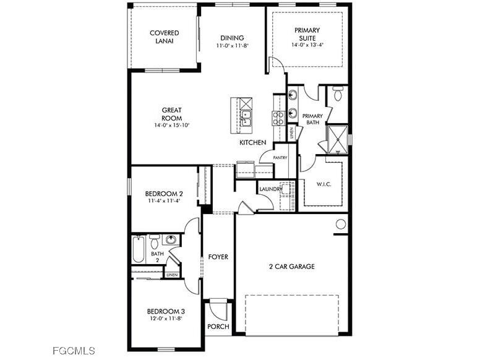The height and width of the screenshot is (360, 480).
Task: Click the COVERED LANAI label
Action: click(x=165, y=37)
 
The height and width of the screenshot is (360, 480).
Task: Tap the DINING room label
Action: click(x=231, y=38)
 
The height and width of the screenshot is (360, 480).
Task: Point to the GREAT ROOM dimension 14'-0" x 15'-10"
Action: click(x=172, y=125)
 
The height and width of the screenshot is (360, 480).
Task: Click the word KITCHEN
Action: click(x=253, y=143)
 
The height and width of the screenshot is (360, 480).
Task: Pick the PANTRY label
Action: click(x=280, y=158)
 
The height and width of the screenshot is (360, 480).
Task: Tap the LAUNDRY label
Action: click(x=270, y=189)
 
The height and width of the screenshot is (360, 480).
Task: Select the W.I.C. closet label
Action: click(x=324, y=184)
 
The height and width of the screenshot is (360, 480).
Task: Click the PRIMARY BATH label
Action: click(x=312, y=119)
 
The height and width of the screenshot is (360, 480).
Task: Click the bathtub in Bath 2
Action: click(x=138, y=250)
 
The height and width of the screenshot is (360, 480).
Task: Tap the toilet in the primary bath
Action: click(x=338, y=94)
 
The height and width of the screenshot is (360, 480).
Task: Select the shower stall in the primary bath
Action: click(x=337, y=139)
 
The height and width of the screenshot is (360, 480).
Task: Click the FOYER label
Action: click(x=218, y=257)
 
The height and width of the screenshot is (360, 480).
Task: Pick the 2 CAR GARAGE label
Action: click(x=291, y=267)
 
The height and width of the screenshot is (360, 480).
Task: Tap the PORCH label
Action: click(x=218, y=327)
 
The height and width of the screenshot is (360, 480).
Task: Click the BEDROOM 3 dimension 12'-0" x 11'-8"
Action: click(x=165, y=319)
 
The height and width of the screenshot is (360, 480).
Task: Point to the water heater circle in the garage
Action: click(x=341, y=224)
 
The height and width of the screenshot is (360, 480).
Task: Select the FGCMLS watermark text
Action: click(x=74, y=351)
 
